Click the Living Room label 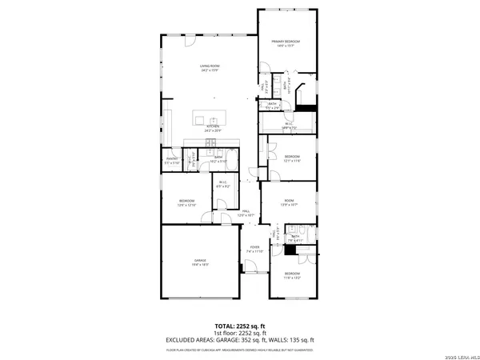tap(210, 67)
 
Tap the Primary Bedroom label tap(286, 43)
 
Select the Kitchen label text tap(213, 127)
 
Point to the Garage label tap(199, 262)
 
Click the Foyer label tap(254, 249)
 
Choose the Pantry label tap(172, 160)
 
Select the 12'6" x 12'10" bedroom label tap(187, 202)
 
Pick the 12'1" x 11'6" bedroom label tap(291, 158)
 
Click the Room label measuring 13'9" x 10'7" tap(290, 202)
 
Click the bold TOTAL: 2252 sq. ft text tap(240, 326)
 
